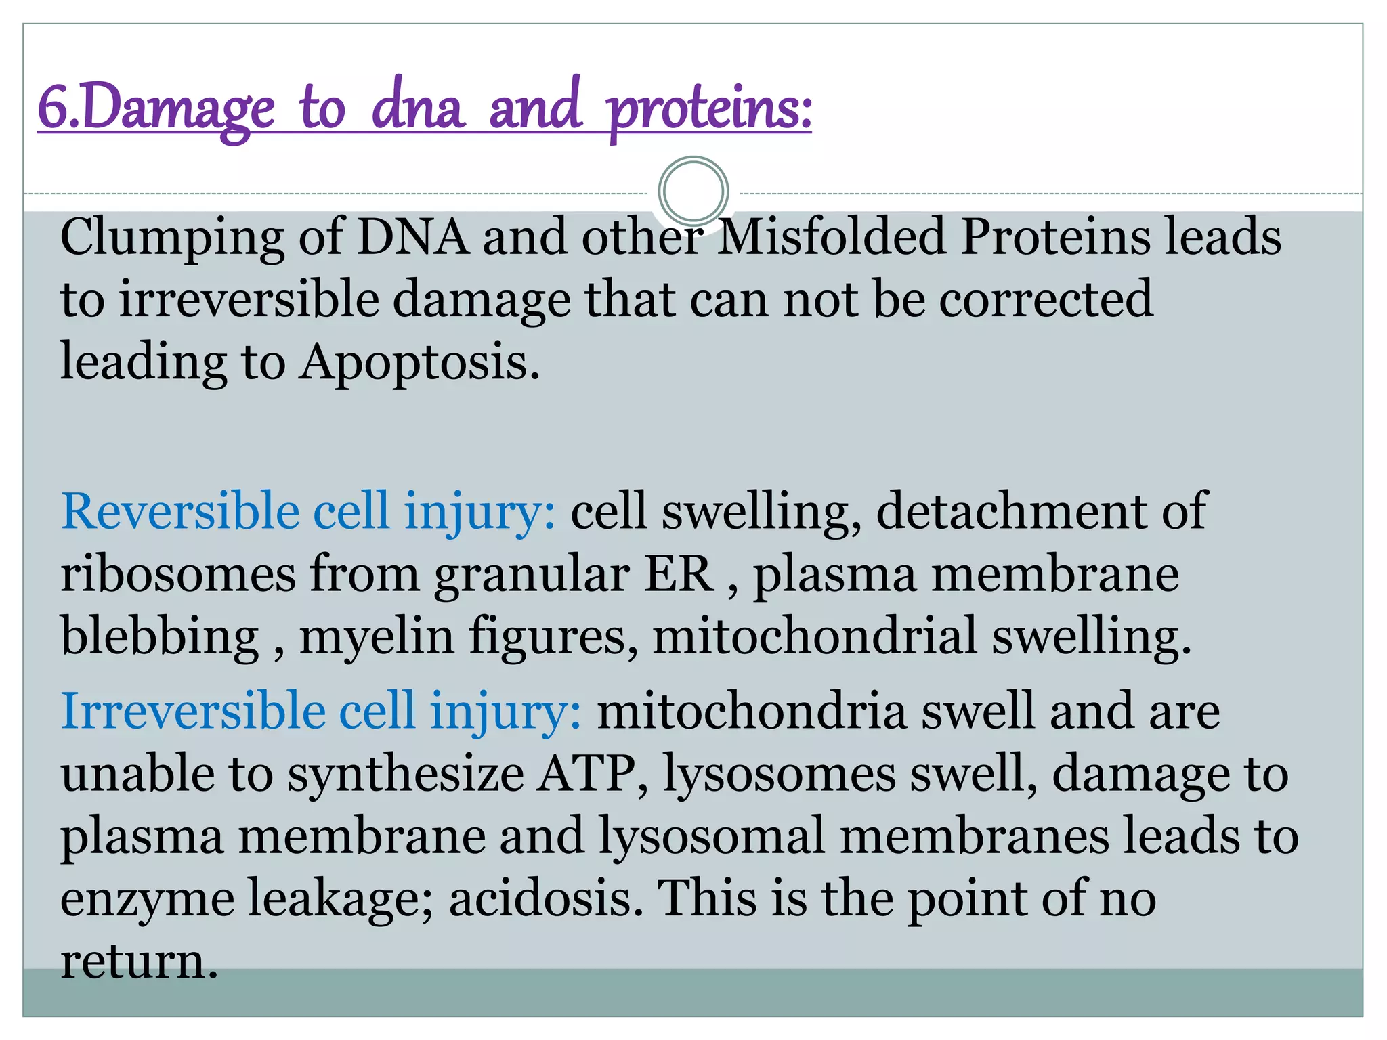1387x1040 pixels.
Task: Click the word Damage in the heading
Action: (179, 108)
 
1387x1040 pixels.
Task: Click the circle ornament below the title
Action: (693, 192)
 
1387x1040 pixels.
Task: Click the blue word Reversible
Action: (179, 511)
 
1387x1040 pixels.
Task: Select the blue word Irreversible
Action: (192, 711)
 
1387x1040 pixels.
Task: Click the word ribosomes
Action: (178, 574)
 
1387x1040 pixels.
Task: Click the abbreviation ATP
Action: (586, 774)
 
